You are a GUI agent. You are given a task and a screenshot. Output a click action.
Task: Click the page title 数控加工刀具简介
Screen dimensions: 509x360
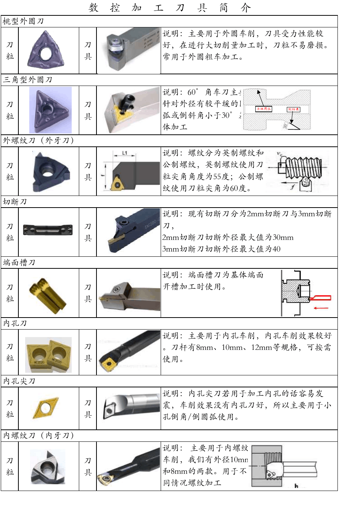[170, 8]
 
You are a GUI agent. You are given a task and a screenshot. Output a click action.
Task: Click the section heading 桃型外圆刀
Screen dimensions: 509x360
[23, 21]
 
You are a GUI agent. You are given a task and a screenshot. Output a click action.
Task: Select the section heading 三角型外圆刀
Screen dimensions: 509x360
[27, 80]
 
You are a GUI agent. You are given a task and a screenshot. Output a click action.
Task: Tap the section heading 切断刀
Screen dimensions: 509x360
[15, 202]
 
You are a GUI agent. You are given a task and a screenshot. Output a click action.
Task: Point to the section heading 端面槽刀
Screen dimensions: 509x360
[19, 262]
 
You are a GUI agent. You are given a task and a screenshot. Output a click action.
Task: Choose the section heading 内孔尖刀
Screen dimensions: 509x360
[19, 381]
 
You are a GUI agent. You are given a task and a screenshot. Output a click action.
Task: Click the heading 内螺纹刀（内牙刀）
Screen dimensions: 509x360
[39, 435]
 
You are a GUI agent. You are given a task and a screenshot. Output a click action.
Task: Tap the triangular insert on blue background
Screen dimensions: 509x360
[50, 110]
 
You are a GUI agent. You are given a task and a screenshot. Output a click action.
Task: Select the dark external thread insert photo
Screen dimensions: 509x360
[48, 171]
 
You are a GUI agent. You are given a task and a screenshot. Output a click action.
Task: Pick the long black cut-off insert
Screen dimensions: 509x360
[48, 229]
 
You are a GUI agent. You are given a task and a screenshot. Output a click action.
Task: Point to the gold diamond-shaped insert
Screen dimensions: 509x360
[46, 408]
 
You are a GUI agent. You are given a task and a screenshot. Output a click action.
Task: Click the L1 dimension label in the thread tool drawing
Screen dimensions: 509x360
[125, 153]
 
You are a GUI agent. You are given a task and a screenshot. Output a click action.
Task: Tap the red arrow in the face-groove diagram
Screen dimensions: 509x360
[321, 308]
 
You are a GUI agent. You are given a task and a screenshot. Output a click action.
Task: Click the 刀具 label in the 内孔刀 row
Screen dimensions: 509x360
[88, 352]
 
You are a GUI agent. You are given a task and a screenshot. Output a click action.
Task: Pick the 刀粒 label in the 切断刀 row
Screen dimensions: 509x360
[10, 232]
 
